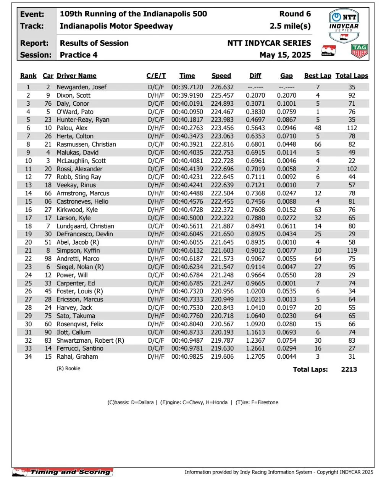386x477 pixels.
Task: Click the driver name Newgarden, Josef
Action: pyautogui.click(x=81, y=87)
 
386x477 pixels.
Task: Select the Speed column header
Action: pyautogui.click(x=221, y=76)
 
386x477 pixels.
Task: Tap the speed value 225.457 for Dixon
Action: pyautogui.click(x=222, y=95)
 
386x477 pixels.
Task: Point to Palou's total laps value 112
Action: pyautogui.click(x=352, y=128)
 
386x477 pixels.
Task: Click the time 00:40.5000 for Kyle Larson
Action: pyautogui.click(x=187, y=218)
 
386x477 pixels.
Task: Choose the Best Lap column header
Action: pyautogui.click(x=318, y=76)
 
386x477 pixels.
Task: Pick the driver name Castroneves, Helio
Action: pyautogui.click(x=82, y=201)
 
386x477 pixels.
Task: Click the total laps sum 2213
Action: pyautogui.click(x=349, y=369)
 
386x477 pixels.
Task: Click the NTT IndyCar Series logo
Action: pyautogui.click(x=344, y=26)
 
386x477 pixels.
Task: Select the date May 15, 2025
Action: pyautogui.click(x=285, y=55)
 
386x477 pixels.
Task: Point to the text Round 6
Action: pyautogui.click(x=295, y=14)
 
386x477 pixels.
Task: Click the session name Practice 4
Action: pyautogui.click(x=78, y=55)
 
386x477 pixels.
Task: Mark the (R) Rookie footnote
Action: pyautogui.click(x=68, y=369)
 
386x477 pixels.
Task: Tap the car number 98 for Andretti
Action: pyautogui.click(x=48, y=259)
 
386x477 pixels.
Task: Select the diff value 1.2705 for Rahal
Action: pyautogui.click(x=255, y=356)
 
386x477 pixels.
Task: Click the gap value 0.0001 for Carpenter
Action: pyautogui.click(x=286, y=283)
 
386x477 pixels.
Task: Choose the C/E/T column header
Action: pyautogui.click(x=156, y=76)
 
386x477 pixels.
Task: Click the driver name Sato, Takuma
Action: pyautogui.click(x=76, y=316)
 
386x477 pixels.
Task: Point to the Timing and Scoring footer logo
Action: pyautogui.click(x=63, y=472)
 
